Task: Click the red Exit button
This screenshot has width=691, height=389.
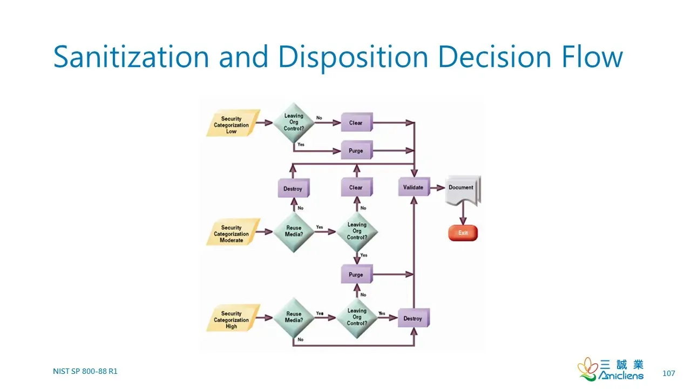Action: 463,233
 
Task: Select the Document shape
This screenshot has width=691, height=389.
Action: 463,190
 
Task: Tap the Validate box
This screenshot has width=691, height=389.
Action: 414,187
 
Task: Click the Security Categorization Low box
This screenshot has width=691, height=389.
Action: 233,123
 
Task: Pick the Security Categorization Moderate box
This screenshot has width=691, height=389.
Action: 233,232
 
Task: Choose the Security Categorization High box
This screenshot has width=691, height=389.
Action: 233,318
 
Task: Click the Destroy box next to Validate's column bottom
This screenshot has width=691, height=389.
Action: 414,318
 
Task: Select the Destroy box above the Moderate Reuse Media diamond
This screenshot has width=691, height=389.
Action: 294,188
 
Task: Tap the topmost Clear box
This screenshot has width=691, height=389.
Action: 357,122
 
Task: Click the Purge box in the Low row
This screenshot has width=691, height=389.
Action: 357,150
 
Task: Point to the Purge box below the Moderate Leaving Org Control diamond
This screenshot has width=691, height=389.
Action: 357,274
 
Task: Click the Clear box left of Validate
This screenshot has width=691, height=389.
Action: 357,187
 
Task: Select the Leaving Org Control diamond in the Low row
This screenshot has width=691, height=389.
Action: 294,123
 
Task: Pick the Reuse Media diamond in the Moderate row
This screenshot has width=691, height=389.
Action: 294,232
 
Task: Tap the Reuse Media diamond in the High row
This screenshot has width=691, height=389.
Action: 294,318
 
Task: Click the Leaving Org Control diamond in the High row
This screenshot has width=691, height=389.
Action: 357,318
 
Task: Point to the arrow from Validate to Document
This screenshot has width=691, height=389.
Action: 438,187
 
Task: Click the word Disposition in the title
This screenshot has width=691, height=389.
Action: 353,57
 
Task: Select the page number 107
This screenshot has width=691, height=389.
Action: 668,373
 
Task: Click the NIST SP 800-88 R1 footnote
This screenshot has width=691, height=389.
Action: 85,371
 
